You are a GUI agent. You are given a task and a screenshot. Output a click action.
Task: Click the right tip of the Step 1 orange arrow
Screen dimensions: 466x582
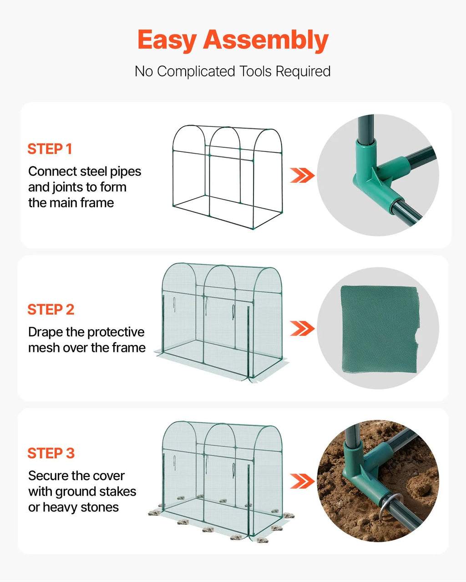(314, 175)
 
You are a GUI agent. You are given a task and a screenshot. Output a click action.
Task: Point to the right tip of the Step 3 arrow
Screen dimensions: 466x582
(314, 481)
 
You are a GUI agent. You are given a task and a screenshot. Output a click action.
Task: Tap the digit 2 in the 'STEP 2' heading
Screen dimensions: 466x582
(70, 310)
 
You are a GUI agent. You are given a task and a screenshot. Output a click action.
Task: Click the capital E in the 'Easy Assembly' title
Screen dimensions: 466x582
(147, 40)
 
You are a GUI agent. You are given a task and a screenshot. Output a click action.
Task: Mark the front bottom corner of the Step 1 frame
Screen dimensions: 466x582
(253, 229)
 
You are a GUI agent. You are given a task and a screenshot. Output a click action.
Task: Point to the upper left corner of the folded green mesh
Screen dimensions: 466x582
(341, 286)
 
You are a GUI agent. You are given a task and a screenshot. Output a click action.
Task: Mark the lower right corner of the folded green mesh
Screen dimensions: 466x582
(416, 373)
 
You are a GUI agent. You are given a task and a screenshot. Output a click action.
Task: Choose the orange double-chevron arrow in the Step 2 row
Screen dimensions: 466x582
(302, 328)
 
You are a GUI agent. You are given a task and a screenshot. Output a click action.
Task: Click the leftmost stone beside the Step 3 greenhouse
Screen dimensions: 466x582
(155, 512)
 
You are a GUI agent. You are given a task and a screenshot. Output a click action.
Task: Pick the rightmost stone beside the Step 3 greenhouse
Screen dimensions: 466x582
(289, 516)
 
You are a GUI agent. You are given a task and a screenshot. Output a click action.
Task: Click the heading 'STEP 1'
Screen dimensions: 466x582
(50, 149)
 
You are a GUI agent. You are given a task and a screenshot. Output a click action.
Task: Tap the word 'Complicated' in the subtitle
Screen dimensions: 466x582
(196, 72)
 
